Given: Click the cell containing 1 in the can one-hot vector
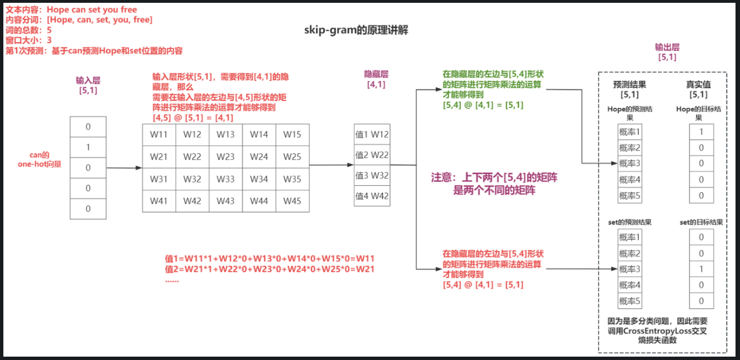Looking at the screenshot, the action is pos(88,147).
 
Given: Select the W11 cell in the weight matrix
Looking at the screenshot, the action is pos(159,135).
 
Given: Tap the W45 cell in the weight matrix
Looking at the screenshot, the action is pos(292,200).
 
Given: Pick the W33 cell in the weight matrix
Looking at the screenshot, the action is pos(226,179).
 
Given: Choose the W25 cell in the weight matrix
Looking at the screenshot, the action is pos(292,157).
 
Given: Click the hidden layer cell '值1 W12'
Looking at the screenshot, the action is pos(372,135).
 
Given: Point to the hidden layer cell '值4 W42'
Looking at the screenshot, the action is pos(372,197).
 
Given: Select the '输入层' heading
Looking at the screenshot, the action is pos(88,81).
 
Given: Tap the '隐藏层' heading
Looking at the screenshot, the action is pos(376,74).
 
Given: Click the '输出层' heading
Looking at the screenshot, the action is pos(666,47).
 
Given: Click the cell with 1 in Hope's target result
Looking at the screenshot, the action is pos(701,132).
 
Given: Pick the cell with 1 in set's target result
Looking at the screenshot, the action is pos(701,269).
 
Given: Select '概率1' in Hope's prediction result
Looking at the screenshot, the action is pos(629,132).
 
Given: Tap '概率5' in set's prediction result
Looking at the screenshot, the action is pos(629,301).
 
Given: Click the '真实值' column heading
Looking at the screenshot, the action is pos(698,84).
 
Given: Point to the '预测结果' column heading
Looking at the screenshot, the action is pos(629,84).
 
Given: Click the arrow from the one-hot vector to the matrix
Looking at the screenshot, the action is pos(124,167).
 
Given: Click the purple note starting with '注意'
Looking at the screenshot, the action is pos(494,183).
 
